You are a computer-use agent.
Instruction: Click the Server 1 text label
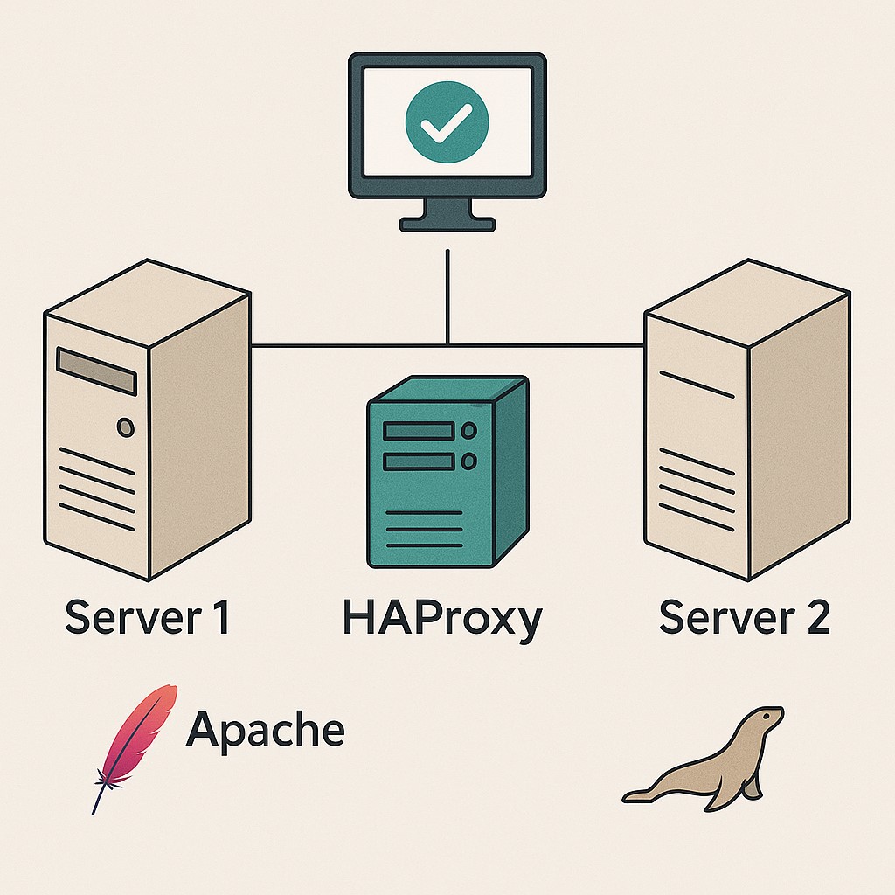click(147, 618)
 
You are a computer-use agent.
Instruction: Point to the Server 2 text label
click(744, 618)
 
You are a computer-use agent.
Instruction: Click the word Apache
click(265, 729)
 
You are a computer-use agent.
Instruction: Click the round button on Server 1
click(126, 427)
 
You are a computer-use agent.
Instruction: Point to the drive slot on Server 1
click(96, 371)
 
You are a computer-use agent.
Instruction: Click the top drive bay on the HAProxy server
click(420, 431)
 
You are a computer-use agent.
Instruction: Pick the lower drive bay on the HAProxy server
click(420, 461)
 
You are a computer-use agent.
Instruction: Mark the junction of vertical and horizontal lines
click(447, 346)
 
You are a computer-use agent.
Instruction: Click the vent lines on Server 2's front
click(696, 489)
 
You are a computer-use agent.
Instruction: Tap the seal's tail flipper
click(638, 795)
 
